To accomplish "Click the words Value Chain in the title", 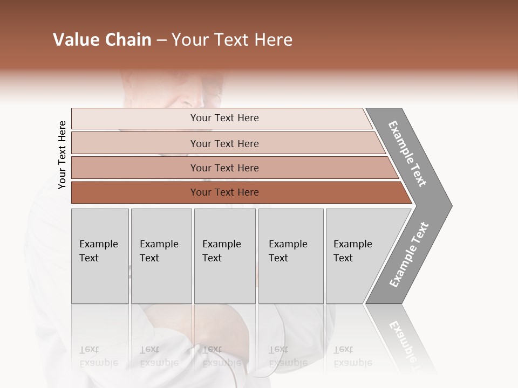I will coord(102,40).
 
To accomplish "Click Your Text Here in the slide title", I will coord(232,40).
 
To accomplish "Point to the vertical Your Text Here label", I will coord(62,155).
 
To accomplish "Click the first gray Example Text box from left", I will coord(100,256).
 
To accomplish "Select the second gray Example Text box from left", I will coord(161,256).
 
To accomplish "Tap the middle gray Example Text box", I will coord(224,256).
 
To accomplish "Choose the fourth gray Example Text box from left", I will coord(290,256).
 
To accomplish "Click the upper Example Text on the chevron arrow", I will coord(408,154).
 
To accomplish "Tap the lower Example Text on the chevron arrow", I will coord(409,255).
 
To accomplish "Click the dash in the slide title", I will coord(161,40).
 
